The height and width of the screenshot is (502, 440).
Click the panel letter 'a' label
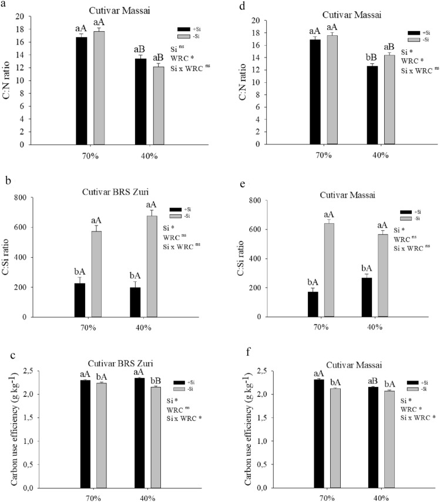(x=5, y=4)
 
